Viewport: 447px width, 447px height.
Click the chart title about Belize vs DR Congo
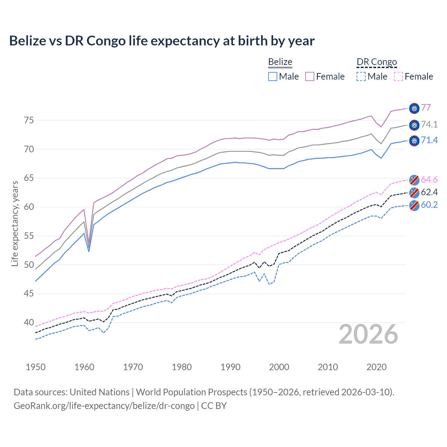pyautogui.click(x=162, y=41)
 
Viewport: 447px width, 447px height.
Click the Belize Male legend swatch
pyautogui.click(x=273, y=76)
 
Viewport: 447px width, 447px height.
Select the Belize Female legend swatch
pyautogui.click(x=310, y=76)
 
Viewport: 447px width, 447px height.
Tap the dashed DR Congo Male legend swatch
pyautogui.click(x=361, y=76)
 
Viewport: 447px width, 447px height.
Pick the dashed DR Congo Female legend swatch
pyautogui.click(x=398, y=76)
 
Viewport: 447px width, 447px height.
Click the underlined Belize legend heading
pyautogui.click(x=280, y=62)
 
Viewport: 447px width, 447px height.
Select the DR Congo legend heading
pyautogui.click(x=377, y=62)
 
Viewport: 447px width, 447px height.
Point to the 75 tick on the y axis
pyautogui.click(x=29, y=120)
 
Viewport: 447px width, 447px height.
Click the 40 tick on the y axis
pyautogui.click(x=29, y=322)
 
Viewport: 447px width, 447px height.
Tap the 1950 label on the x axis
pyautogui.click(x=36, y=367)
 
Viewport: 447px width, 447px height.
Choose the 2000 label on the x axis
pyautogui.click(x=279, y=367)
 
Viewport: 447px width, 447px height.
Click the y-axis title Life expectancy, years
pyautogui.click(x=15, y=223)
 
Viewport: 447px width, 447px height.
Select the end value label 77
pyautogui.click(x=426, y=108)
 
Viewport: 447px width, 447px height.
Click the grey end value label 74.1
pyautogui.click(x=429, y=124)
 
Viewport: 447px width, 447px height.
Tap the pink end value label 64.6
pyautogui.click(x=429, y=179)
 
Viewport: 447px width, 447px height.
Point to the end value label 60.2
pyautogui.click(x=429, y=205)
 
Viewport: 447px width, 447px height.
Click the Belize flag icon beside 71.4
pyautogui.click(x=414, y=141)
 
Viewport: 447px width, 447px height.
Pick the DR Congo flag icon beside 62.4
pyautogui.click(x=414, y=192)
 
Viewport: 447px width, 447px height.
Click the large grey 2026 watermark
pyautogui.click(x=368, y=334)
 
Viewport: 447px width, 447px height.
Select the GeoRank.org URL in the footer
pyautogui.click(x=104, y=406)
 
